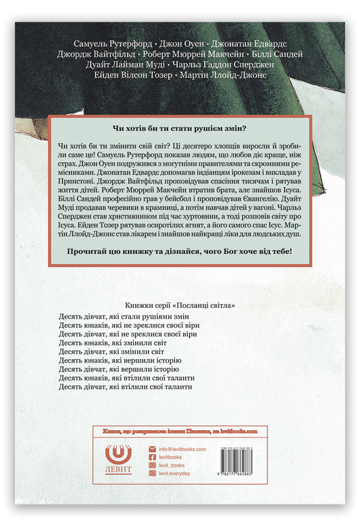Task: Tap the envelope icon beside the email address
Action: pyautogui.click(x=153, y=448)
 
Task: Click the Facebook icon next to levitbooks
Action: pyautogui.click(x=153, y=456)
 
